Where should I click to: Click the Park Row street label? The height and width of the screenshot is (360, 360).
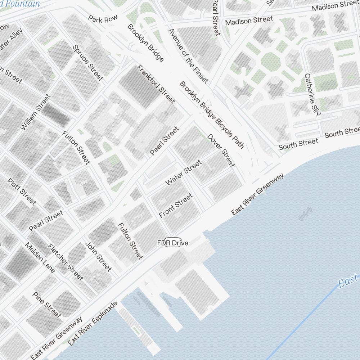click(103, 19)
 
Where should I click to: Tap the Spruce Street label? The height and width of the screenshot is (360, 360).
click(88, 63)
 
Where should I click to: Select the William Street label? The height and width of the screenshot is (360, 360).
click(36, 112)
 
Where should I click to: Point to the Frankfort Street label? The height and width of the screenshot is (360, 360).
click(156, 84)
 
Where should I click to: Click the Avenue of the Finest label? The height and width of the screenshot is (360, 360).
click(188, 56)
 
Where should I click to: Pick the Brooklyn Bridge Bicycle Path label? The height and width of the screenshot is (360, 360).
click(212, 115)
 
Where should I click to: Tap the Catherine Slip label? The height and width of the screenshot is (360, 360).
click(312, 95)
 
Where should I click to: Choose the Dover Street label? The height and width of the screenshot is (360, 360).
click(221, 150)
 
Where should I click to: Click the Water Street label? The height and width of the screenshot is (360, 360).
click(184, 173)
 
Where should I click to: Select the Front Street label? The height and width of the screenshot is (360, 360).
click(176, 206)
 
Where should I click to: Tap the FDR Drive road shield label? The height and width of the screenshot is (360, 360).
click(173, 243)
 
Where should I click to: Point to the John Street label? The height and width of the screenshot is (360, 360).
click(98, 256)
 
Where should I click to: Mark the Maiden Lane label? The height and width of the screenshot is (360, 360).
click(40, 257)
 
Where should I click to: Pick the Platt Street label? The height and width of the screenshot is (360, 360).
click(22, 192)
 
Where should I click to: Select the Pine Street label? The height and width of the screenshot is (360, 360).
click(47, 305)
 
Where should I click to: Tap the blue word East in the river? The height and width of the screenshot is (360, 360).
click(348, 280)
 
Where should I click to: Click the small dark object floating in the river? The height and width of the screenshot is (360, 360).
click(305, 213)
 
